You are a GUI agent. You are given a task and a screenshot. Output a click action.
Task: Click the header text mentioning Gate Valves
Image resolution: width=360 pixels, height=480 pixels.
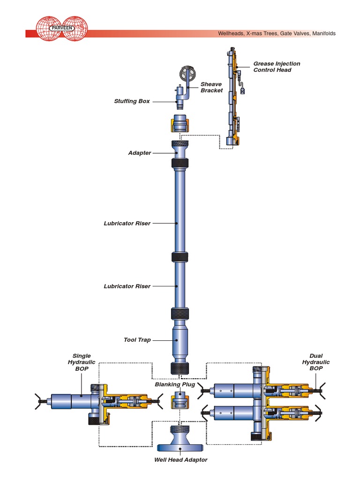[x=277, y=34]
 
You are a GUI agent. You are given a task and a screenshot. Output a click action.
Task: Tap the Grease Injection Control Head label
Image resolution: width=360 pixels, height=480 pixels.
[x=277, y=67]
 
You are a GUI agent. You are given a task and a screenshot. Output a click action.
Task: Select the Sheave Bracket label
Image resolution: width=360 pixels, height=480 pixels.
[x=211, y=87]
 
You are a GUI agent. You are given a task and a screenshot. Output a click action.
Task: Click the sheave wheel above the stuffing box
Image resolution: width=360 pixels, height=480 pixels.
[x=187, y=74]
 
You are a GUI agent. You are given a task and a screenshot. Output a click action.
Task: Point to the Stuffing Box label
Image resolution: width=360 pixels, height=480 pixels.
[x=132, y=101]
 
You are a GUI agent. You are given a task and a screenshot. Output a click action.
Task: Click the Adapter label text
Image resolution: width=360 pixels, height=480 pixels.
[x=140, y=153]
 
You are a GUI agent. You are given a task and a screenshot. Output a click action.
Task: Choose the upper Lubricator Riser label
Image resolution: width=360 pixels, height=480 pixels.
[x=127, y=224]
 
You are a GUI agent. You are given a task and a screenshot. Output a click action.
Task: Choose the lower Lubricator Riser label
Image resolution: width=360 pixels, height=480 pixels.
[x=127, y=286]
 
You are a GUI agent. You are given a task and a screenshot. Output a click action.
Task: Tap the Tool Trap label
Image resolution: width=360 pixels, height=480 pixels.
[x=137, y=340]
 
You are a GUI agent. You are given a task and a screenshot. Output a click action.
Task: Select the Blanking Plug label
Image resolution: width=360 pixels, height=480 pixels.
[x=174, y=384]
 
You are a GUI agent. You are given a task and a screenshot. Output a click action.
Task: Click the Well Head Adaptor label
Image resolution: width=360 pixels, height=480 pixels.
[x=180, y=459]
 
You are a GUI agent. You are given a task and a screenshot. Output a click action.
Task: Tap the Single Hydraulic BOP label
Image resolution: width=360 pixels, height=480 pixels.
[x=82, y=362]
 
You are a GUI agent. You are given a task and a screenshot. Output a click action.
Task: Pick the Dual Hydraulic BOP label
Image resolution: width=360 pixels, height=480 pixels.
[x=315, y=362]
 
